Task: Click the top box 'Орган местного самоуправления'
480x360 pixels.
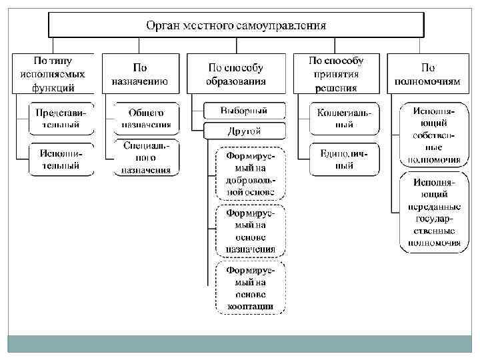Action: point(236,25)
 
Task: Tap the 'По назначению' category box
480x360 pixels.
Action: point(140,74)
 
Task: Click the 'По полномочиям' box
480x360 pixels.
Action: point(427,74)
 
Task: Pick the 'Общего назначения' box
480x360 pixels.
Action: point(146,118)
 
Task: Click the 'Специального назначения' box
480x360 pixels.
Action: point(146,157)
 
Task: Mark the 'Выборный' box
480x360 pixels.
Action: point(244,110)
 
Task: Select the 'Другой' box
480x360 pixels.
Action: point(244,130)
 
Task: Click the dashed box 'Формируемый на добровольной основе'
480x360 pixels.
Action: point(249,173)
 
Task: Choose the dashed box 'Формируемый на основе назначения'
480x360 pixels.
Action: point(249,230)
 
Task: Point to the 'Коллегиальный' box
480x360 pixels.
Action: point(344,118)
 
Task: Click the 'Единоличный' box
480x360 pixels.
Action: point(344,159)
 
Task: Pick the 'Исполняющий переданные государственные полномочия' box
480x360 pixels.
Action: point(430,212)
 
